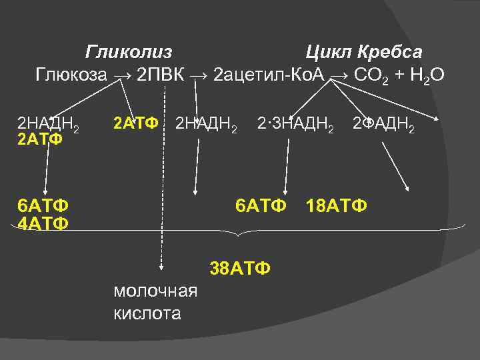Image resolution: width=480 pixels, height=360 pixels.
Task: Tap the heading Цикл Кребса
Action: click(363, 52)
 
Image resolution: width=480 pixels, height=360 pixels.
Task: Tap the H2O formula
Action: click(426, 75)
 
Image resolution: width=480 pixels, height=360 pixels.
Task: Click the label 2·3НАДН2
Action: click(296, 124)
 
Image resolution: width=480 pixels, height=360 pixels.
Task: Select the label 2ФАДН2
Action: click(383, 124)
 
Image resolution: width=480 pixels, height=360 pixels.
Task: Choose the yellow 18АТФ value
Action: click(336, 205)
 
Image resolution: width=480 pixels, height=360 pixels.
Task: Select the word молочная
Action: click(155, 291)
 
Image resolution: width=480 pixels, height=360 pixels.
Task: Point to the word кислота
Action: click(147, 313)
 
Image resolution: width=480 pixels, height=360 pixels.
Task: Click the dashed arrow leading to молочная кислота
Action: click(162, 200)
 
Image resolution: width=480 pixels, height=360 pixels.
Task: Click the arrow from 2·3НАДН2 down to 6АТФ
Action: click(287, 167)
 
